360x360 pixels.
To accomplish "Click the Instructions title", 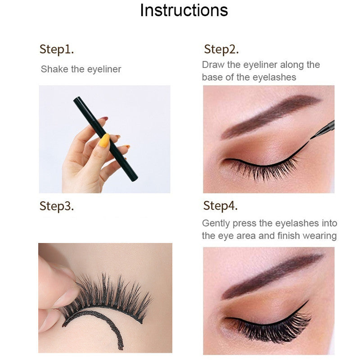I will tap(184, 10).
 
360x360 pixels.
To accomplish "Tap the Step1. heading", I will tap(56, 49).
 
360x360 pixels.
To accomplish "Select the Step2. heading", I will tap(221, 49).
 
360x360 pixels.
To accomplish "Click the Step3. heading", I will tap(56, 206).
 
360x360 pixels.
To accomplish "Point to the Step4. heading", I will tap(220, 206).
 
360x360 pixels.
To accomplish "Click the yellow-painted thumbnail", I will tap(104, 140).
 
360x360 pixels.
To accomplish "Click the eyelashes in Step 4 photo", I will tap(270, 328).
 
